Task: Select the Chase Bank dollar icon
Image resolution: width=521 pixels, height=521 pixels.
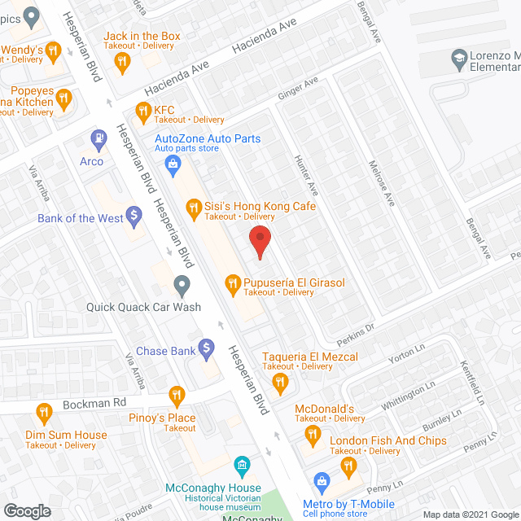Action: pos(207,350)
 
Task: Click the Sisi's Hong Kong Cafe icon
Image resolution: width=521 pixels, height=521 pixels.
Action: pos(193,209)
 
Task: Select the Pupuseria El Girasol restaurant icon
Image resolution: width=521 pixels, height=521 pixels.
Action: pos(232,283)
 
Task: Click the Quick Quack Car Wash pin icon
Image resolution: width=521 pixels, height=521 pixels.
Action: pos(182,285)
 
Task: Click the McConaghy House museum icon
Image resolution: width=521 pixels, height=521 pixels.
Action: pos(242,466)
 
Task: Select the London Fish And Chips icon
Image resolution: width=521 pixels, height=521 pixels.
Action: pos(348,465)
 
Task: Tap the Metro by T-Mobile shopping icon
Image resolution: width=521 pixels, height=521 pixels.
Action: pos(322,480)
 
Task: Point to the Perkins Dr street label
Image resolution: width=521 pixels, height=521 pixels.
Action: pos(355,328)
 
